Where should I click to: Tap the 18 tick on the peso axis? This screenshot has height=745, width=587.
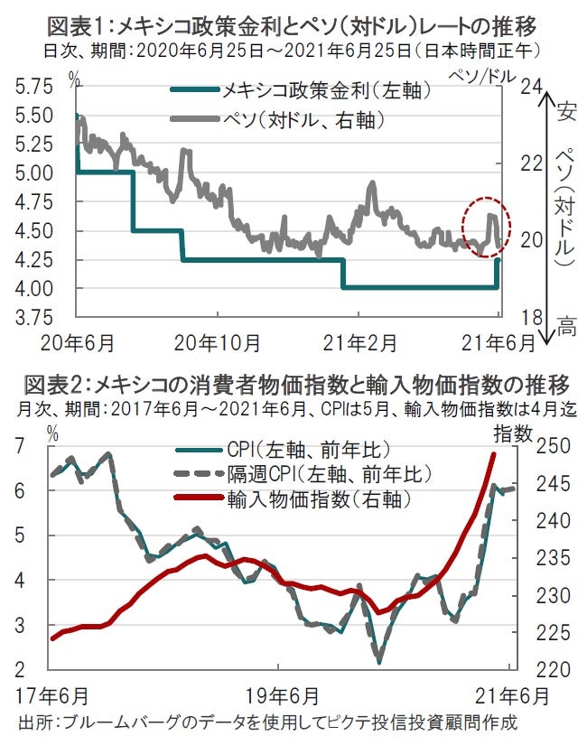tap(530, 317)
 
